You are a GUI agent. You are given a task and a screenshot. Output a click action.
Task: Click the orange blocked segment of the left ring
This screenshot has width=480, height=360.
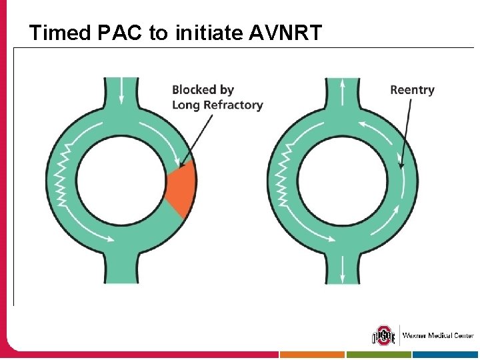coord(182,189)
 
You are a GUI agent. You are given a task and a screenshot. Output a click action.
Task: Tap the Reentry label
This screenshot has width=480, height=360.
coord(412,89)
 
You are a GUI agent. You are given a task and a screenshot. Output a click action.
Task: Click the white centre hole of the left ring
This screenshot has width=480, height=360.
coord(121,180)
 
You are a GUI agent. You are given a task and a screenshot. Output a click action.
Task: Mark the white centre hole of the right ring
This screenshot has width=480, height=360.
coord(343,180)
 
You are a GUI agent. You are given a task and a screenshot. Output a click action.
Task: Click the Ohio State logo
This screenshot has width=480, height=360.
coord(383,335)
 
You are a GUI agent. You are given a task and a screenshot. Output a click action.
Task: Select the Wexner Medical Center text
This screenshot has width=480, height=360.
coord(437,335)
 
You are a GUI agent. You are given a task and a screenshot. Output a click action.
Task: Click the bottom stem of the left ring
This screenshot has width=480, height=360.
coord(121,267)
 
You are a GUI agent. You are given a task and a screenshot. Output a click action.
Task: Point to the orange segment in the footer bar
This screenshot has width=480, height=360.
coord(312,355)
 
